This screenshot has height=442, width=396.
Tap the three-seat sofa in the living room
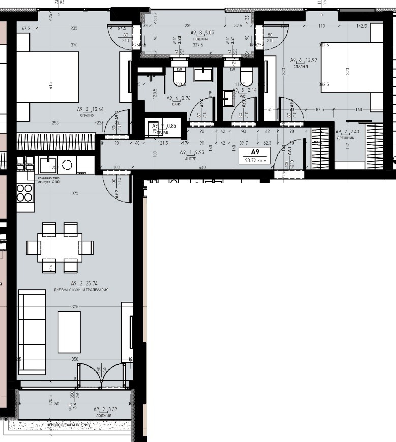tap(32, 331)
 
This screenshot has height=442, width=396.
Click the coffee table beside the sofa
tap(69, 332)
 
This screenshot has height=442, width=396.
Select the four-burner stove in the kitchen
tap(25, 194)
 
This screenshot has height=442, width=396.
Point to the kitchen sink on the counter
tap(48, 164)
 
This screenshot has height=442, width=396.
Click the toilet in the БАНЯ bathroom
tap(179, 77)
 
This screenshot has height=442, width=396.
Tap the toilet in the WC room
tap(246, 78)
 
